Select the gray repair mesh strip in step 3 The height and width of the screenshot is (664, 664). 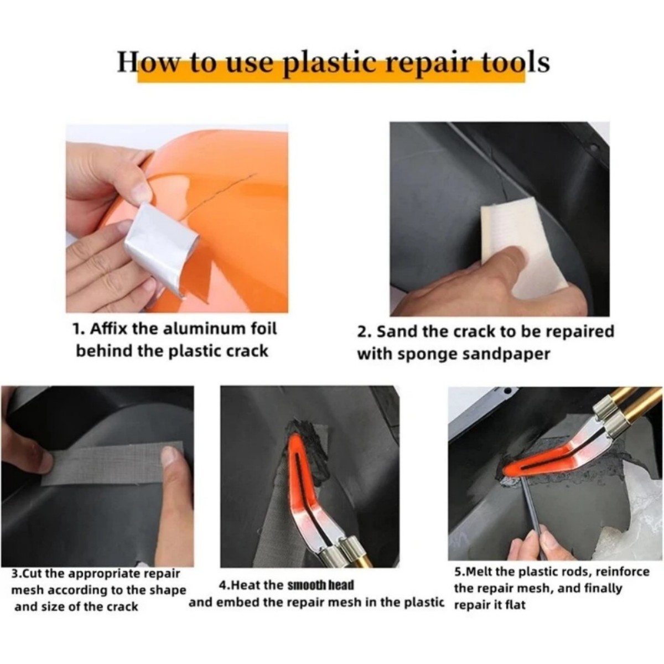click(111, 462)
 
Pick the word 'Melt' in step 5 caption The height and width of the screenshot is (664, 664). click(481, 572)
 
